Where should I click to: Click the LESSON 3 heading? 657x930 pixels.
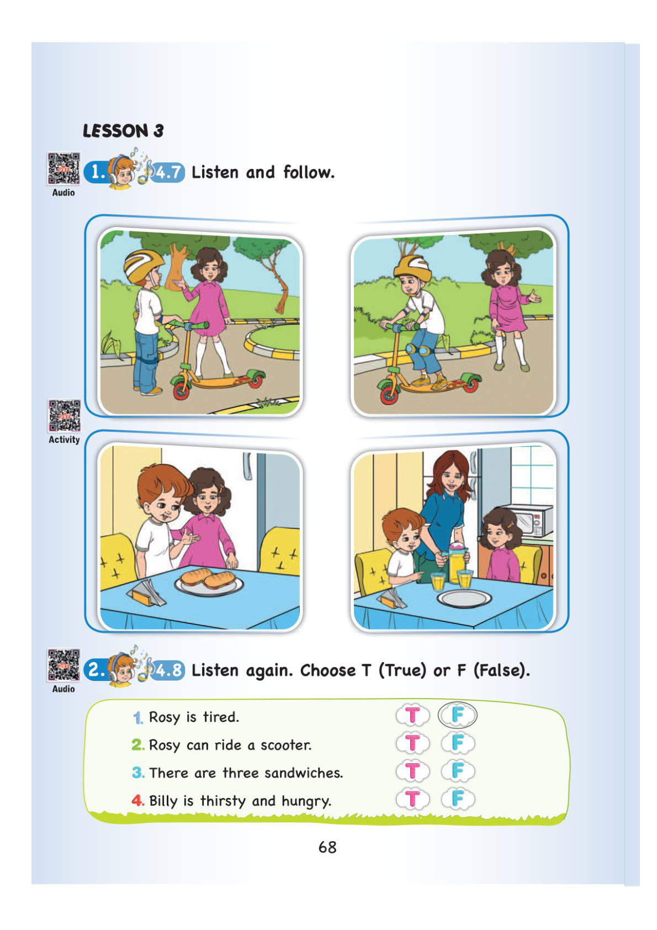123,131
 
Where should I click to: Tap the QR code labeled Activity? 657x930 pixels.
65,416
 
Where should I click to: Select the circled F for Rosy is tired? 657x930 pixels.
457,715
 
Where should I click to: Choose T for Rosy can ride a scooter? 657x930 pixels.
412,743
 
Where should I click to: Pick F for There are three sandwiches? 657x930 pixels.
458,770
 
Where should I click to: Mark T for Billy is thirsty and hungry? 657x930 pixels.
412,799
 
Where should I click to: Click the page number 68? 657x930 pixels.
327,847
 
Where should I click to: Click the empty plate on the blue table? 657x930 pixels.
464,599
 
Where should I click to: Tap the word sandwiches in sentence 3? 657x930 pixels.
304,773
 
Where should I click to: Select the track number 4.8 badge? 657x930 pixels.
167,670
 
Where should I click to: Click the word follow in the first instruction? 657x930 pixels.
309,172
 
